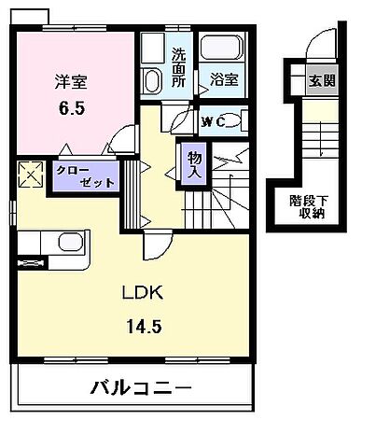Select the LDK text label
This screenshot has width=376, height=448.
143,293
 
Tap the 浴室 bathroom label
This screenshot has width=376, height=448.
223,81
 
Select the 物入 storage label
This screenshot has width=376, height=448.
194,164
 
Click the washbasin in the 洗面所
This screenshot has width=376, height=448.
151,78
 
